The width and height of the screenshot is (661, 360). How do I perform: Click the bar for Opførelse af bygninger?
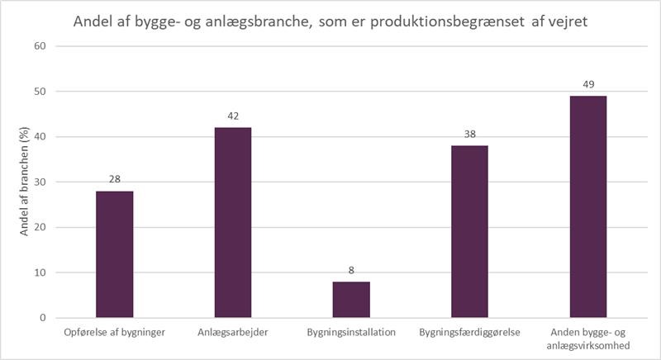[114, 254]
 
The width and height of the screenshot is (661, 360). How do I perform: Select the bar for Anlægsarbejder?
[232, 223]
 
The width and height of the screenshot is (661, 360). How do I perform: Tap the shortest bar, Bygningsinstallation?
[351, 300]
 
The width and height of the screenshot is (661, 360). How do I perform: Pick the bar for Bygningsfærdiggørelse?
[469, 232]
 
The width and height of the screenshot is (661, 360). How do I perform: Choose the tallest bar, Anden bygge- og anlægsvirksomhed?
[587, 207]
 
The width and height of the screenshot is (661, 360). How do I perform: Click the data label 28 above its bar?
[114, 179]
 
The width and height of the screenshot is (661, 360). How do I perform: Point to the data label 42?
[232, 116]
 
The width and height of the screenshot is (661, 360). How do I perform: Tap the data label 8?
[351, 270]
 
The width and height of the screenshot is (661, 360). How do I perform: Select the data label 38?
[469, 134]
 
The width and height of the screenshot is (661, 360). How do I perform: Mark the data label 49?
[587, 84]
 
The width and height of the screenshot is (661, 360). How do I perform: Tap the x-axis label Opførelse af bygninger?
[114, 333]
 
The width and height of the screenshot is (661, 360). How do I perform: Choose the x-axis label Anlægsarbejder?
[232, 333]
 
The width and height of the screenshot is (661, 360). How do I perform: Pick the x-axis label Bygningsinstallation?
[351, 333]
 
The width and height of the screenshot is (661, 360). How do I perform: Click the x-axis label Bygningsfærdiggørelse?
[469, 333]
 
